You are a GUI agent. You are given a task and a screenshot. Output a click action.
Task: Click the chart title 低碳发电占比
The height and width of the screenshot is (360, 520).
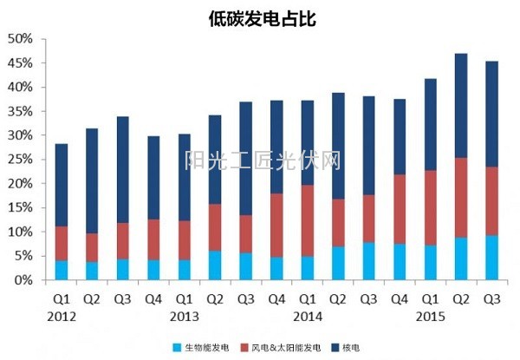(x=261, y=17)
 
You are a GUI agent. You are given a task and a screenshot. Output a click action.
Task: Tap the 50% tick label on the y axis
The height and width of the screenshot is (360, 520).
(x=20, y=39)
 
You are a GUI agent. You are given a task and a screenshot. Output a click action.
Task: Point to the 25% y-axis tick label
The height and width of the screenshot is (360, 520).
(x=20, y=160)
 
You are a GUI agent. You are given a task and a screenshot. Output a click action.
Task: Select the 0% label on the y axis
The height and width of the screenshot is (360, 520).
(x=23, y=280)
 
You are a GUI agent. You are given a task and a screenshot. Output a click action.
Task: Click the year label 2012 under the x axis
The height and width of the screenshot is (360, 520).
(x=61, y=317)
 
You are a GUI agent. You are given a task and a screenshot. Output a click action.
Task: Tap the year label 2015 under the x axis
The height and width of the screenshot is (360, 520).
(x=432, y=317)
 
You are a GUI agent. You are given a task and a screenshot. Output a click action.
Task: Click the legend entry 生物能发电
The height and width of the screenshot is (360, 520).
(x=204, y=347)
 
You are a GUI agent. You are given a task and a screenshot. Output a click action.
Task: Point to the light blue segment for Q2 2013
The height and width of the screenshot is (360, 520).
(x=215, y=265)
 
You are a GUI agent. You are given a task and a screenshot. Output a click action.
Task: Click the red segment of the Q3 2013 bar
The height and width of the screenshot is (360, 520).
(x=246, y=233)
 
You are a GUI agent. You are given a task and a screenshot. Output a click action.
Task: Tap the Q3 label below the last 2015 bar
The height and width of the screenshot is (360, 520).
(x=492, y=299)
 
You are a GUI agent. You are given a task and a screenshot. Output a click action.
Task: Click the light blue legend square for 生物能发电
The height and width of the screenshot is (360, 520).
(x=177, y=347)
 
